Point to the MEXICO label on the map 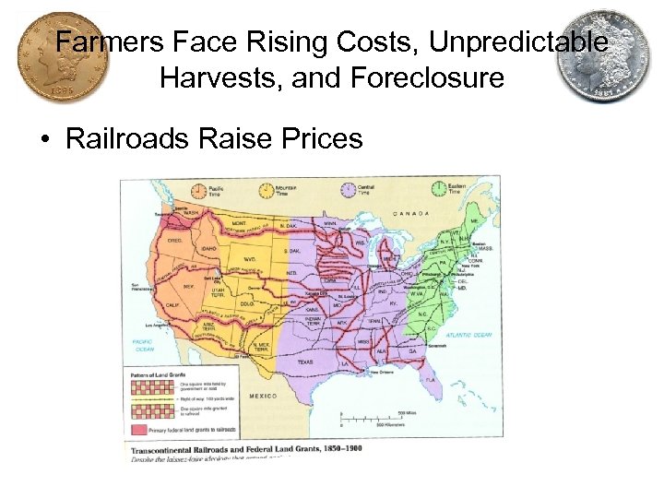(x=266, y=396)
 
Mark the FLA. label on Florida (x=430, y=379)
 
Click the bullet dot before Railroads (x=44, y=140)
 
